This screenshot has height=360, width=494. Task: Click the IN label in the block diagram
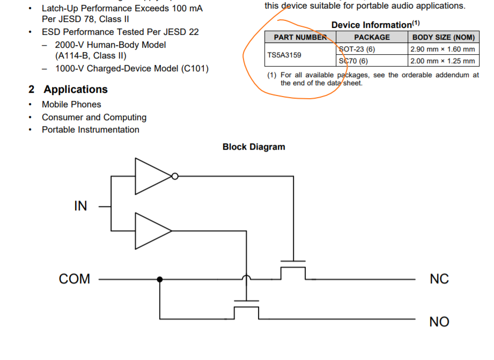(x=80, y=206)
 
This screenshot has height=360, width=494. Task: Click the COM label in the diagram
(x=75, y=279)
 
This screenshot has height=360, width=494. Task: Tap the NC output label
(x=439, y=279)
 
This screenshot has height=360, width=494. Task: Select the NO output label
(x=439, y=322)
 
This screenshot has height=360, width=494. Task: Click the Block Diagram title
(x=254, y=147)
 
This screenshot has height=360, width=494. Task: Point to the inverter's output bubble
(x=174, y=176)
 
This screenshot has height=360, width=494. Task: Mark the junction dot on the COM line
(x=160, y=279)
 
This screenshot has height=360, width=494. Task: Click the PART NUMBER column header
(x=300, y=37)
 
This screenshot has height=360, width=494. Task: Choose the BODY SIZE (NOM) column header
(x=443, y=37)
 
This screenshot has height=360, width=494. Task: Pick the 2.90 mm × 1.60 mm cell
(x=443, y=49)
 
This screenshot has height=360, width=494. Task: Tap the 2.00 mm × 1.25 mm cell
(x=443, y=61)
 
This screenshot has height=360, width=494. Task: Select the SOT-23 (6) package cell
(x=358, y=49)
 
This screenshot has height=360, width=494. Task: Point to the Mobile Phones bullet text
(x=71, y=104)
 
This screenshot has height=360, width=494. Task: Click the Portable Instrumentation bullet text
(x=91, y=130)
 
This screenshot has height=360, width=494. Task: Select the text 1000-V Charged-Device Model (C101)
(x=131, y=69)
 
